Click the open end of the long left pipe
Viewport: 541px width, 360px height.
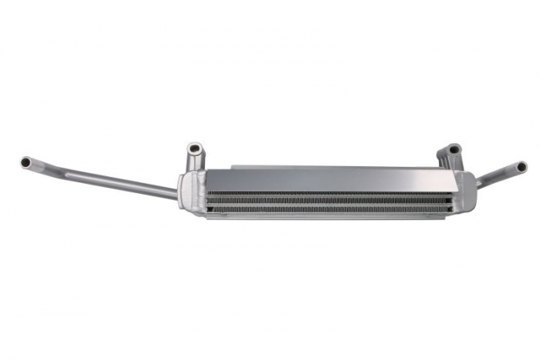click(x=26, y=163)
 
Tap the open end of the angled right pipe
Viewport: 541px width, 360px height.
click(x=522, y=167)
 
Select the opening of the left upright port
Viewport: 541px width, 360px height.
click(x=194, y=147)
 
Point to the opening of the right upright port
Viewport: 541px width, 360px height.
click(x=454, y=149)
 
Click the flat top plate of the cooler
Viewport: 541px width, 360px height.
click(x=309, y=179)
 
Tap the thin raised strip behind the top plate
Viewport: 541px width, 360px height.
click(x=325, y=166)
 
